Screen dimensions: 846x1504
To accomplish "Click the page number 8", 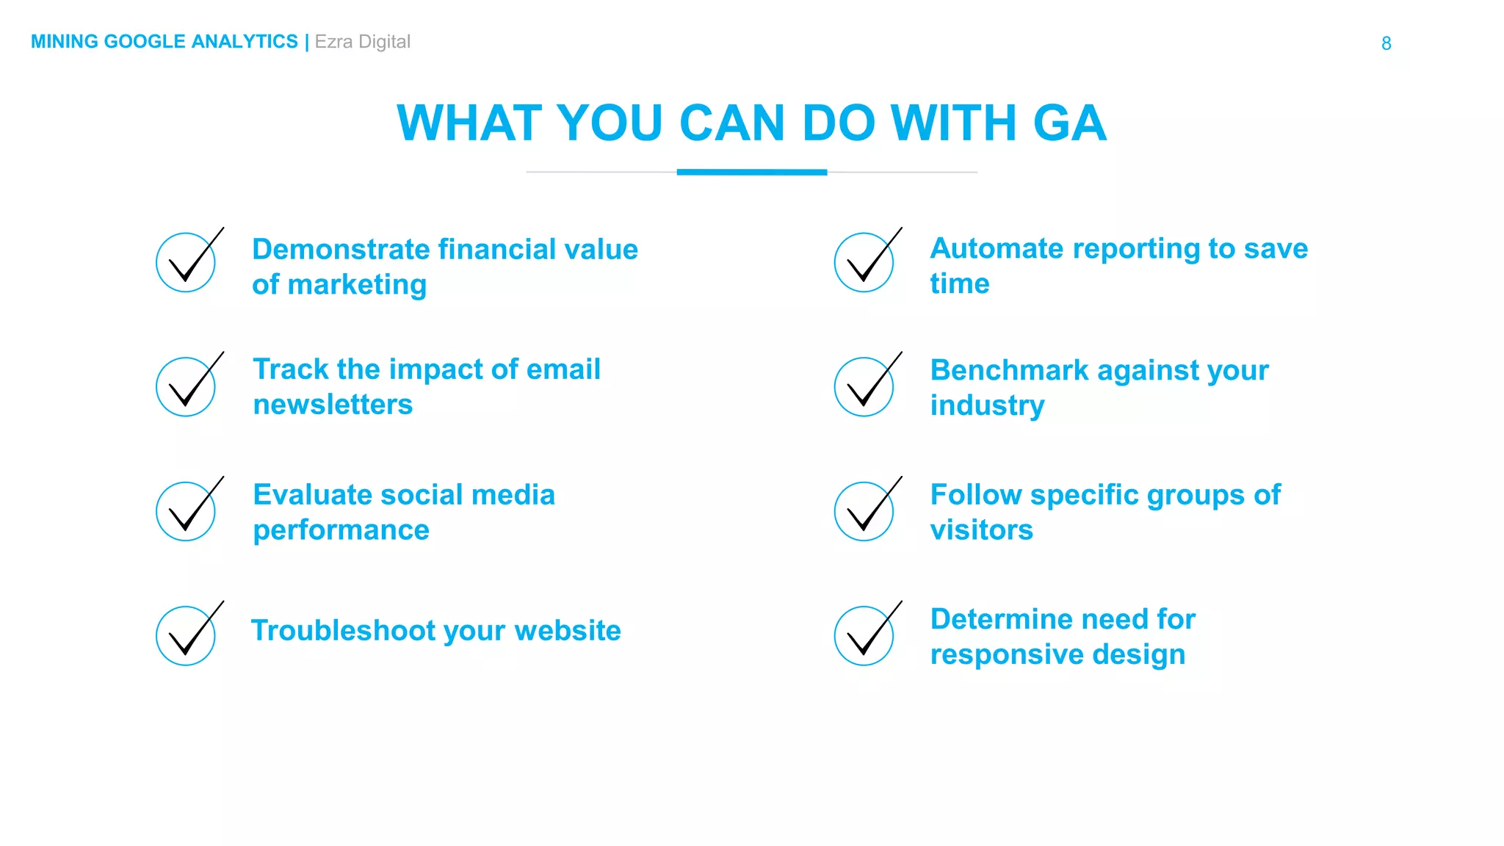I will (x=1386, y=43).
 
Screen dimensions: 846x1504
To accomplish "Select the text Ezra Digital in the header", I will (x=362, y=42).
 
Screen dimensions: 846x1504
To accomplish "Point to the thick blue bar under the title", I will (x=751, y=173).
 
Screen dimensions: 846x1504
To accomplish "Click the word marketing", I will (x=357, y=286).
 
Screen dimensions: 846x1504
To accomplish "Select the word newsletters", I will (x=333, y=405).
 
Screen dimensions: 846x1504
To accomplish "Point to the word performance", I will (x=341, y=530).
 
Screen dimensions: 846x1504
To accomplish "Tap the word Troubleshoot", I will (x=343, y=631).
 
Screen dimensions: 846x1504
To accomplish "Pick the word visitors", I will (x=981, y=530).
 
